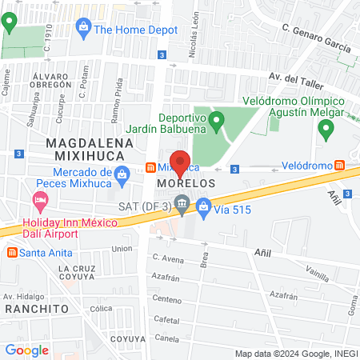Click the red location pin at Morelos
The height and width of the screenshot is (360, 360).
coord(180,162)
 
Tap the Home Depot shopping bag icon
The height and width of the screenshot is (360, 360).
coord(83,29)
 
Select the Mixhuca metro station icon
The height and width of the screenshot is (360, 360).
coord(150,168)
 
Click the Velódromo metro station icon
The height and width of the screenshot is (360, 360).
coord(340,166)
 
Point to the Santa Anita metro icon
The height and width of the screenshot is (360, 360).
coord(11,252)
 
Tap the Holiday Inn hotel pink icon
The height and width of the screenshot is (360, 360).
coord(38,198)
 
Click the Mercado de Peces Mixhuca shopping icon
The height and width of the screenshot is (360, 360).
coord(122,174)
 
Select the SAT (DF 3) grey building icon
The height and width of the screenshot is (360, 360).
coord(182,205)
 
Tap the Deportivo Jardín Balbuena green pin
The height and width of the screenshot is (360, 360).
coord(215,122)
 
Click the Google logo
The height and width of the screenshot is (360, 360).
coord(26,350)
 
